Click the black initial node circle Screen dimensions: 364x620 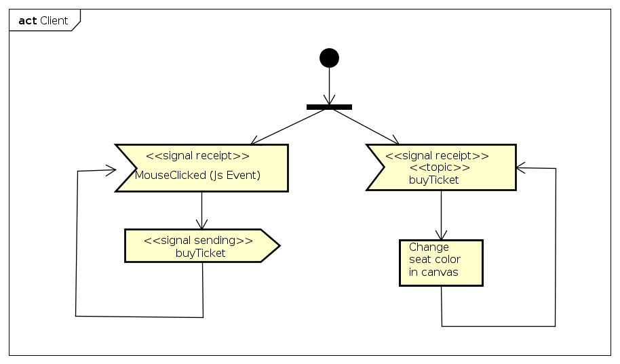pos(329,58)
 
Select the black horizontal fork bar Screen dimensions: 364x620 pos(329,106)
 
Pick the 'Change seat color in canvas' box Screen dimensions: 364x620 pos(441,262)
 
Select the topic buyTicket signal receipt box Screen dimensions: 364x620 pos(442,167)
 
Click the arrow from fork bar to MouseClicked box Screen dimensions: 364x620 pos(288,127)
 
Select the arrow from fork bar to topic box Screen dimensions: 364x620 pos(366,126)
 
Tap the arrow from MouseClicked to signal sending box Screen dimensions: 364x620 pos(201,210)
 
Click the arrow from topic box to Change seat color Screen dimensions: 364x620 pos(441,215)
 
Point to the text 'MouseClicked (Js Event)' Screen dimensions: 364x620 pos(197,175)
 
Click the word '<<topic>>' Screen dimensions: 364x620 pos(439,167)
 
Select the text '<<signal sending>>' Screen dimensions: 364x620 pos(198,240)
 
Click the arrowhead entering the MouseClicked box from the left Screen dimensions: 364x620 pos(111,171)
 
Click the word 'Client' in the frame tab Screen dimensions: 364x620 pos(54,20)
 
